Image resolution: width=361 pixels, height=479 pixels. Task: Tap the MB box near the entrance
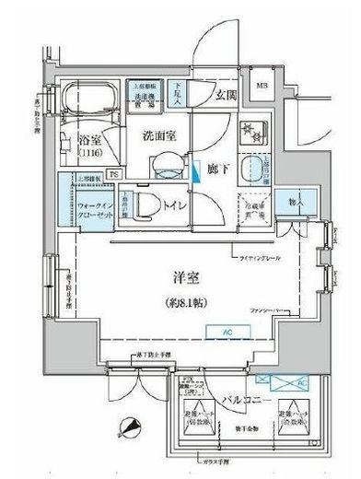(289, 88)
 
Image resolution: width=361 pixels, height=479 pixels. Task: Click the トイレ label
(171, 204)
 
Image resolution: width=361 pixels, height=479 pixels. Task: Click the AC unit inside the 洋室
(224, 333)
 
